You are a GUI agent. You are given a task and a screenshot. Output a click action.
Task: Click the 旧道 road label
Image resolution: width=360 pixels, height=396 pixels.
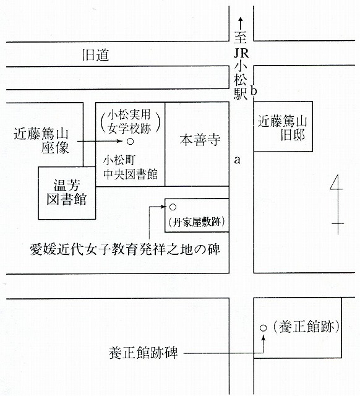pyautogui.click(x=96, y=55)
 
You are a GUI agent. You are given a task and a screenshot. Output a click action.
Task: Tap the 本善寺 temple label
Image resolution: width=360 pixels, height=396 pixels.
pyautogui.click(x=200, y=140)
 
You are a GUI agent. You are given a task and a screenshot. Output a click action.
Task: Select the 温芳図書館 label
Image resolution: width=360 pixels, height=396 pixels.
pyautogui.click(x=67, y=192)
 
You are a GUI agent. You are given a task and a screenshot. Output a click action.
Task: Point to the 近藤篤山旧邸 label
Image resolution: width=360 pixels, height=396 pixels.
pyautogui.click(x=282, y=128)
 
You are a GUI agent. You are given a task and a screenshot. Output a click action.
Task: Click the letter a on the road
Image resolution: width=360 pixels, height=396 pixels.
pyautogui.click(x=237, y=160)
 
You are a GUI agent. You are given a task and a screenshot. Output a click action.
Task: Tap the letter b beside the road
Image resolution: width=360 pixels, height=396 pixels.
pyautogui.click(x=254, y=90)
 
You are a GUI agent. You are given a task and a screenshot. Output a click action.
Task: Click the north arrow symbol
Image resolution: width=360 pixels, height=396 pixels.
pyautogui.click(x=337, y=205)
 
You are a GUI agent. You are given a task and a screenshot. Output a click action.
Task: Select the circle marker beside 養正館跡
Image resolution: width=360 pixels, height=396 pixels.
pyautogui.click(x=264, y=328)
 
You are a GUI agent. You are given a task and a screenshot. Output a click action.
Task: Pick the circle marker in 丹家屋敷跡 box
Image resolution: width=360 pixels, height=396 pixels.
pyautogui.click(x=173, y=207)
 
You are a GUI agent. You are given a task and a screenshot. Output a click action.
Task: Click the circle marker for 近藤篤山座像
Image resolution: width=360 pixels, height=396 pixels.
pyautogui.click(x=130, y=142)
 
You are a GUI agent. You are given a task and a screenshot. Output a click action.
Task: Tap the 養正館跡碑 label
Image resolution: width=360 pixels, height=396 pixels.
pyautogui.click(x=143, y=353)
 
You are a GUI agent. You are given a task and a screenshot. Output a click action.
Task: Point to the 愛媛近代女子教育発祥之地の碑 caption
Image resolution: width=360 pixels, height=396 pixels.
pyautogui.click(x=125, y=249)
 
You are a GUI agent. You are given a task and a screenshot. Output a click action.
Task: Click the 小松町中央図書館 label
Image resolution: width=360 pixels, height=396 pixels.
pyautogui.click(x=131, y=167)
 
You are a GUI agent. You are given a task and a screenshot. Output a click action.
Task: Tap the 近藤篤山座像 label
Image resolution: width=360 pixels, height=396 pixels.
pyautogui.click(x=41, y=140)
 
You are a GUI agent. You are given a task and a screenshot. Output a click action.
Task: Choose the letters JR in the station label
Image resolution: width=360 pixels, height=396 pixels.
pyautogui.click(x=241, y=53)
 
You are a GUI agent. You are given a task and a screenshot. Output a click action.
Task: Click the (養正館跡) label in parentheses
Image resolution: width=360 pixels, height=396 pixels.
pyautogui.click(x=306, y=327)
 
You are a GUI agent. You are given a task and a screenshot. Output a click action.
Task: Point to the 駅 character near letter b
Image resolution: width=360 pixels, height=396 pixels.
pyautogui.click(x=241, y=93)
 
